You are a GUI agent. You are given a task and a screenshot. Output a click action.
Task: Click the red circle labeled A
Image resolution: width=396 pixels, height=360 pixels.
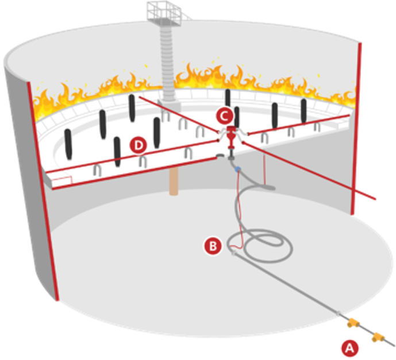[x=350, y=349]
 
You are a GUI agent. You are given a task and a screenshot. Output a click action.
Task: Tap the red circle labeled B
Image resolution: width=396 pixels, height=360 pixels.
[x=213, y=246]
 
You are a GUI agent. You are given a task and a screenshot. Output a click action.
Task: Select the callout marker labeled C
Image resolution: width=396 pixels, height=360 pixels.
[x=224, y=117]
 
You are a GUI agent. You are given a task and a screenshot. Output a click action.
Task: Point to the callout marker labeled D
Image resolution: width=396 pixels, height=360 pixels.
[x=138, y=145]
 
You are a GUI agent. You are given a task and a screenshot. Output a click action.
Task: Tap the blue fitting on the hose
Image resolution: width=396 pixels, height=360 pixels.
[x=237, y=169]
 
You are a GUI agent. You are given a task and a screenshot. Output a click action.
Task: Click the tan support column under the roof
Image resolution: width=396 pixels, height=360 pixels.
[x=174, y=181]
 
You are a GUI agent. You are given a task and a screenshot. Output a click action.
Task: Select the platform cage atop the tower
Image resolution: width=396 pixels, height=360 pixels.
[x=164, y=13]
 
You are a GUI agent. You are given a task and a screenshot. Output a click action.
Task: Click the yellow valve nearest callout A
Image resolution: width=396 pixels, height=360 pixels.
[x=378, y=337]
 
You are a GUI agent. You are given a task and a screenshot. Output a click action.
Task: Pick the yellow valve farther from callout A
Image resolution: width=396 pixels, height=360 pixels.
[x=353, y=323]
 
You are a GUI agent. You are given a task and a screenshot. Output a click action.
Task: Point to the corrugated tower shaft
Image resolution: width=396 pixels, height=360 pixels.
[x=167, y=63]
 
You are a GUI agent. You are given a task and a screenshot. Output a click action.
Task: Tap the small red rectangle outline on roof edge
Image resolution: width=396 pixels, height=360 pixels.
[x=62, y=181]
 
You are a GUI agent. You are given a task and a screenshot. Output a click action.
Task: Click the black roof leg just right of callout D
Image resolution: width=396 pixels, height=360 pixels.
[x=157, y=133]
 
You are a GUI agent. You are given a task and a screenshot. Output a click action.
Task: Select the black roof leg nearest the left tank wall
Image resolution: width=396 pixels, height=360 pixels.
[x=68, y=144]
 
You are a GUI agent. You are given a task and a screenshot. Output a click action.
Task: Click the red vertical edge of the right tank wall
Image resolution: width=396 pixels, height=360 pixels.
[x=356, y=129]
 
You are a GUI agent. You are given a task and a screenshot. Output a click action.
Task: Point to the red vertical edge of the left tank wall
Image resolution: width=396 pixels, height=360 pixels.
[x=43, y=191]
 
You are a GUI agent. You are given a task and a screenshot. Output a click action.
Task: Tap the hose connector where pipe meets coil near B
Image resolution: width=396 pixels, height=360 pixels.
[x=233, y=253]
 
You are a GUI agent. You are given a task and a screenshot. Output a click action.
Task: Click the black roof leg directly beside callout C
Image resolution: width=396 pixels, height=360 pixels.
[x=237, y=117]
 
